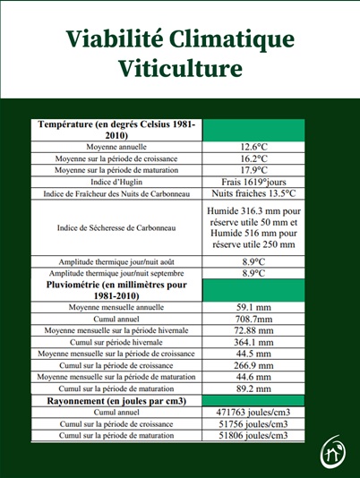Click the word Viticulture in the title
click(x=179, y=68)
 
